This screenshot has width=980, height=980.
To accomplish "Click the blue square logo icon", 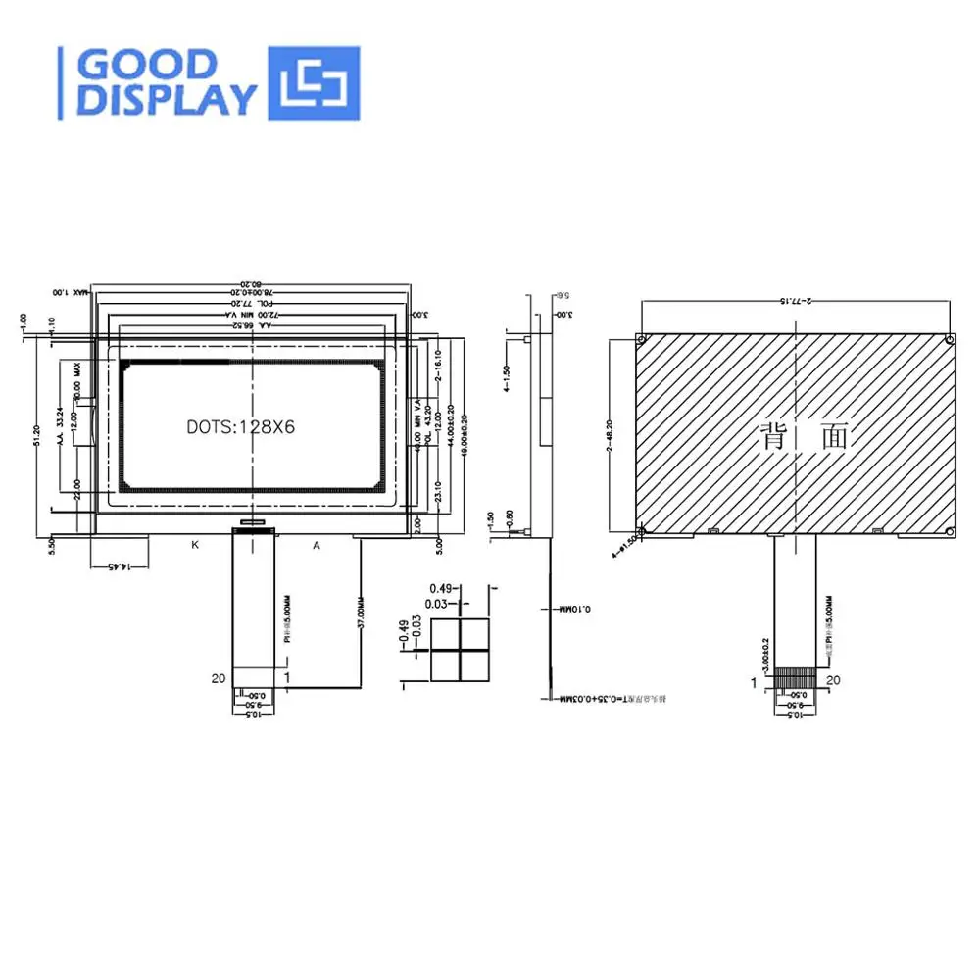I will click(314, 83).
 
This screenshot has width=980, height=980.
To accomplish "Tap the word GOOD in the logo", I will click(147, 65).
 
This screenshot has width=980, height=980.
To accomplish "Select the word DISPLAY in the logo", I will click(167, 100).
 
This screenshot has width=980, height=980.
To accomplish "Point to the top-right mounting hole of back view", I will click(949, 339).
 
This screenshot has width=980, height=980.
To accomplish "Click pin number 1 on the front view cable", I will click(287, 676).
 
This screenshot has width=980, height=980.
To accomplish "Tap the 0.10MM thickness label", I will click(570, 609).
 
